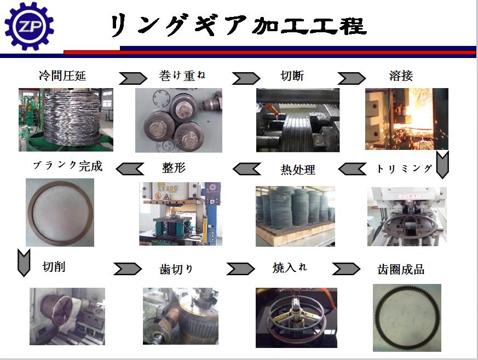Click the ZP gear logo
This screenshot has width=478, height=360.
pyautogui.click(x=29, y=26)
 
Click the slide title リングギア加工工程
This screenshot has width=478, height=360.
pyautogui.click(x=238, y=25)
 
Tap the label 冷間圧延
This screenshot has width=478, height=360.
pyautogui.click(x=62, y=76)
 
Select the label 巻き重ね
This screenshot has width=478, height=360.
pyautogui.click(x=182, y=76)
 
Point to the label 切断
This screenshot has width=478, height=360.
pyautogui.click(x=292, y=76)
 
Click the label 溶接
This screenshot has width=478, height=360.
pyautogui.click(x=401, y=76)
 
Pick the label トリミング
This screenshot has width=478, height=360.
pyautogui.click(x=404, y=169)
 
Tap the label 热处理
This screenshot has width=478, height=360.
pyautogui.click(x=298, y=170)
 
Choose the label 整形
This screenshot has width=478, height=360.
pyautogui.click(x=174, y=168)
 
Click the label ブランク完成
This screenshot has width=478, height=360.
pyautogui.click(x=68, y=166)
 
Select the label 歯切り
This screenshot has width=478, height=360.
pyautogui.click(x=176, y=269)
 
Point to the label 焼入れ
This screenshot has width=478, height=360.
pyautogui.click(x=290, y=268)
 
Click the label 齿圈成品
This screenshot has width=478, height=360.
pyautogui.click(x=401, y=270)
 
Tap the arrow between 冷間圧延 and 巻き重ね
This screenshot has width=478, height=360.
pyautogui.click(x=133, y=78)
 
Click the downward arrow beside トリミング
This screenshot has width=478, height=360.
pyautogui.click(x=442, y=165)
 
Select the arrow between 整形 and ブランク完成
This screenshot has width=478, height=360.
pyautogui.click(x=130, y=169)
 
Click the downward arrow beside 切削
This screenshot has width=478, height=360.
pyautogui.click(x=24, y=263)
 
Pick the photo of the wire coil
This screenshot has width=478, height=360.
pyautogui.click(x=66, y=120)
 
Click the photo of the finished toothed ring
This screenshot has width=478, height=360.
pyautogui.click(x=407, y=318)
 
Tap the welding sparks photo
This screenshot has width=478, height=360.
pyautogui.click(x=407, y=119)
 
